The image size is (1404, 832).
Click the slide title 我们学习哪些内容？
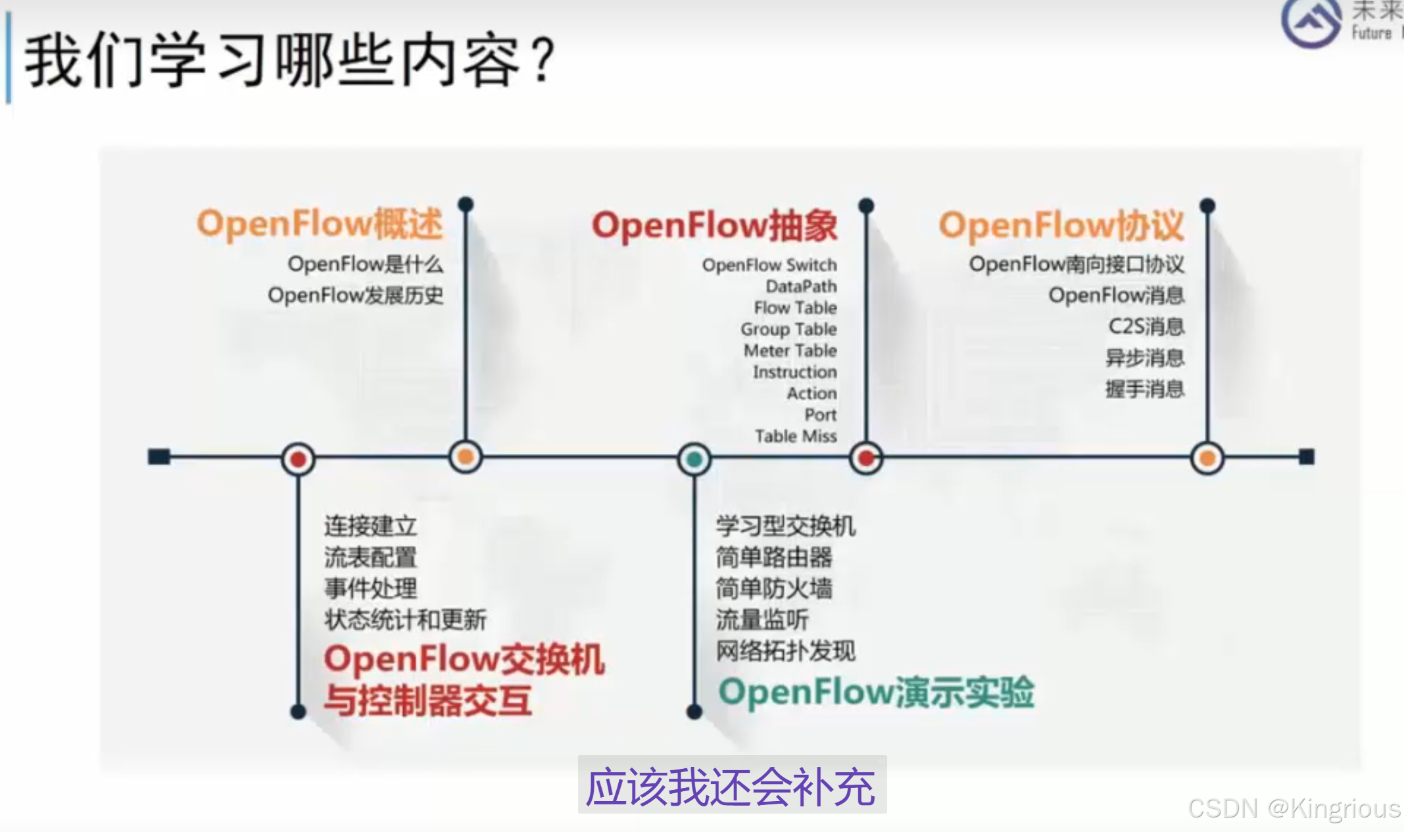click(289, 61)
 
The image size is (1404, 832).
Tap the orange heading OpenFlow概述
click(320, 224)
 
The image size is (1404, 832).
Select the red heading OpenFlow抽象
click(714, 226)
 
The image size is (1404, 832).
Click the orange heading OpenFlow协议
click(1061, 226)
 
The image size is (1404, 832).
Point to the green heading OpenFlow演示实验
click(876, 693)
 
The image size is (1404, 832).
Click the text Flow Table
click(795, 308)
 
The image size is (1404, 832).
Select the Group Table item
click(788, 329)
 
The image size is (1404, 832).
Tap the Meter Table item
click(790, 351)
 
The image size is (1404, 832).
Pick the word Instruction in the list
click(794, 372)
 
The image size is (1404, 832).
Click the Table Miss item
click(796, 436)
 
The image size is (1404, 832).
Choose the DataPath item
click(801, 287)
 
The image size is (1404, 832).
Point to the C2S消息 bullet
click(1146, 326)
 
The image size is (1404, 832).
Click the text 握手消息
click(1145, 389)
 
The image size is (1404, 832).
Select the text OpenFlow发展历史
click(355, 295)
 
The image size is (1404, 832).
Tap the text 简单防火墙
click(774, 588)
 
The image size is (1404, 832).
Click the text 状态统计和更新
click(405, 620)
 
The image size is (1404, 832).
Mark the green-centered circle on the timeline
click(694, 458)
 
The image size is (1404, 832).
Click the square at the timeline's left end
click(159, 456)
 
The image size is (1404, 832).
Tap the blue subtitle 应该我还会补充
click(731, 787)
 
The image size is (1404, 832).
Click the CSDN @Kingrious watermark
click(1294, 808)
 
